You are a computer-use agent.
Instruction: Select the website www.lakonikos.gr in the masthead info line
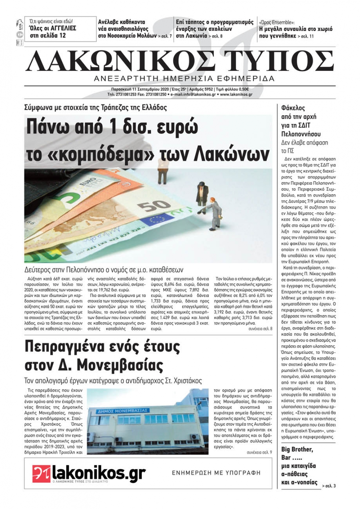pyautogui.click(x=236, y=95)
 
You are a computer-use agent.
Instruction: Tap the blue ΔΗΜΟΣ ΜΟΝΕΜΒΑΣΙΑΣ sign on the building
pyautogui.click(x=123, y=410)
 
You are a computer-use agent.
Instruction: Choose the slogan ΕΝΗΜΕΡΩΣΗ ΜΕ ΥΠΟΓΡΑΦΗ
pyautogui.click(x=216, y=473)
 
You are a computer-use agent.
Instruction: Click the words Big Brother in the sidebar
pyautogui.click(x=297, y=449)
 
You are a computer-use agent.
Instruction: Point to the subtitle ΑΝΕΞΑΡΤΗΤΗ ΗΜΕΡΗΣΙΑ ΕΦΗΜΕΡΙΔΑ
pyautogui.click(x=184, y=78)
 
